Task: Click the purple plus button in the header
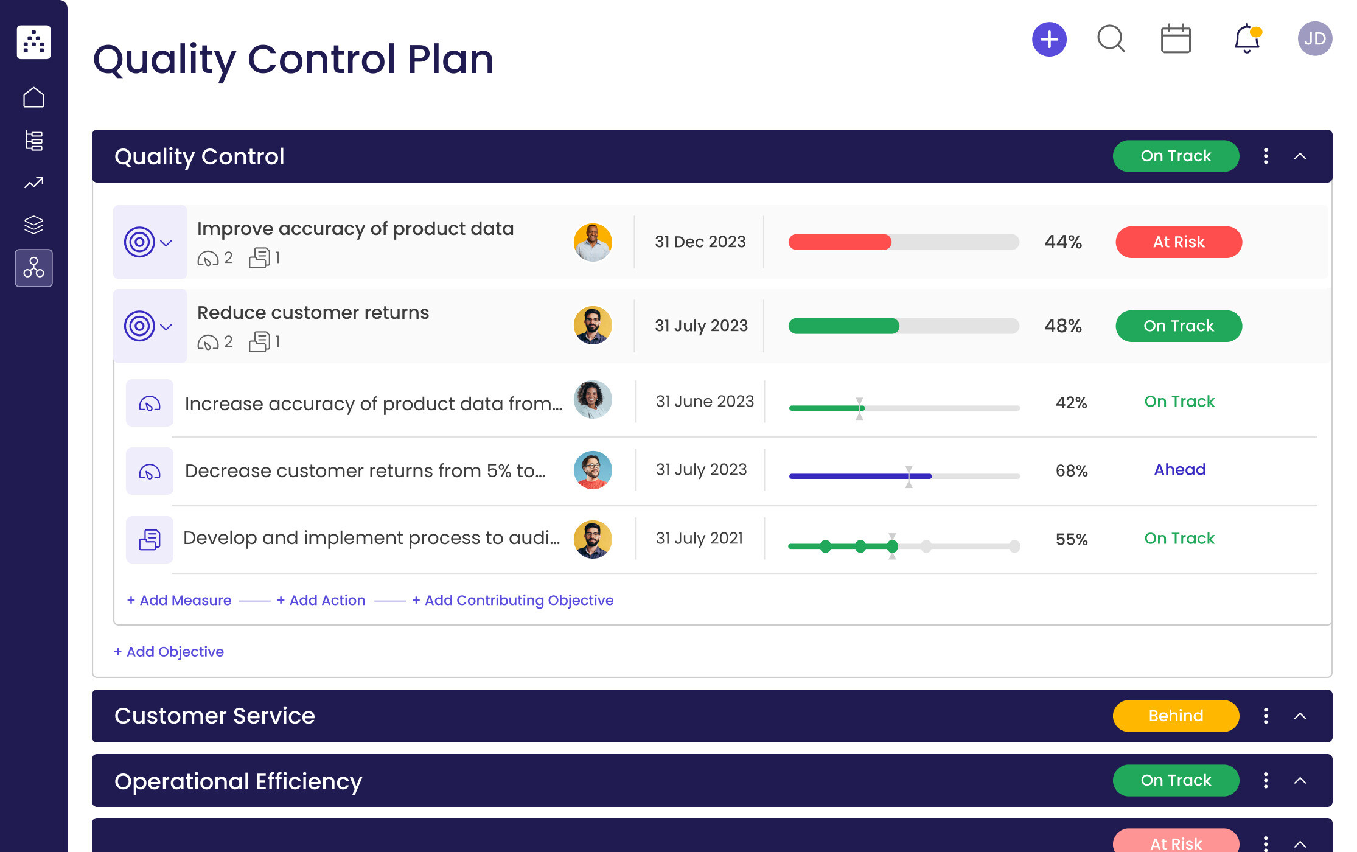(1049, 40)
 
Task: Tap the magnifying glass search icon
(1111, 39)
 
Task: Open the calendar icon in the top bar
(1175, 40)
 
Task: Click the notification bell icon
(1246, 39)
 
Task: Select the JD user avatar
(1314, 39)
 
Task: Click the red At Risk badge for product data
(1178, 242)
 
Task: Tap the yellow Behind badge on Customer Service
(1175, 716)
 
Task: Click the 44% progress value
(1062, 242)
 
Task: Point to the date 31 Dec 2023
(700, 242)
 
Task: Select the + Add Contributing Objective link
(512, 600)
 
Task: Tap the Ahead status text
(1179, 470)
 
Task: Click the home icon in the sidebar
(33, 97)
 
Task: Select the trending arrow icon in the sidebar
(33, 183)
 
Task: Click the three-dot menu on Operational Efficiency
(1265, 780)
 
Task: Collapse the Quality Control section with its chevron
(1300, 156)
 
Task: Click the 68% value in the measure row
(1071, 471)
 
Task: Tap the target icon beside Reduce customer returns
(139, 326)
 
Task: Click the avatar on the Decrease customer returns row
(592, 470)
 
